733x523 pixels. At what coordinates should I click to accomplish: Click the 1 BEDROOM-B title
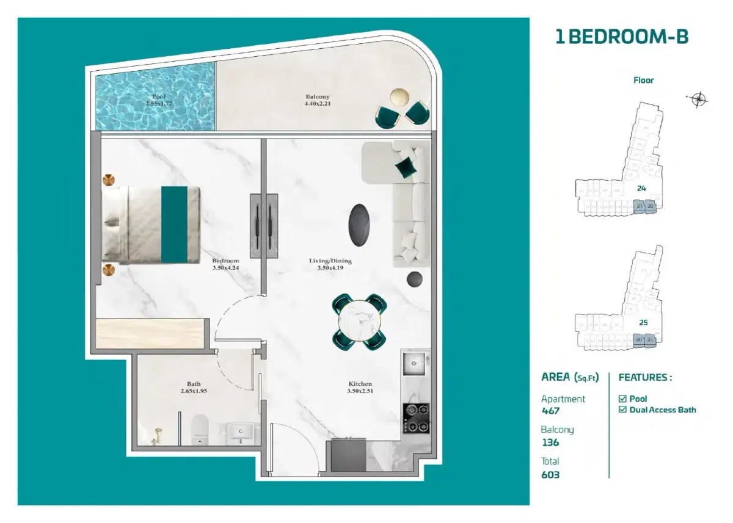pyautogui.click(x=621, y=37)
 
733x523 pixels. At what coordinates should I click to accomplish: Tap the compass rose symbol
pyautogui.click(x=698, y=99)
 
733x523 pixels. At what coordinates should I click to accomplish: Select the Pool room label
pyautogui.click(x=159, y=100)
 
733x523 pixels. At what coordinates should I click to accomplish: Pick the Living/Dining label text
pyautogui.click(x=330, y=264)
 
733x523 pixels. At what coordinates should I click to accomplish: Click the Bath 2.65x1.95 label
pyautogui.click(x=194, y=388)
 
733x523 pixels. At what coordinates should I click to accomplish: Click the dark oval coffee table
pyautogui.click(x=359, y=224)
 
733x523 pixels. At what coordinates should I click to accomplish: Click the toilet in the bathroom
pyautogui.click(x=200, y=429)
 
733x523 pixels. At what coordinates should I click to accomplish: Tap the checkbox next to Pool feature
pyautogui.click(x=622, y=399)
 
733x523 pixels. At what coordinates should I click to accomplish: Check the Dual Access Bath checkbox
pyautogui.click(x=622, y=409)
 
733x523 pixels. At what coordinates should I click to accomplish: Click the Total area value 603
pyautogui.click(x=550, y=474)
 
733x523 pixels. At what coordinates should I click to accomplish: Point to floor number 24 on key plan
pyautogui.click(x=641, y=189)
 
